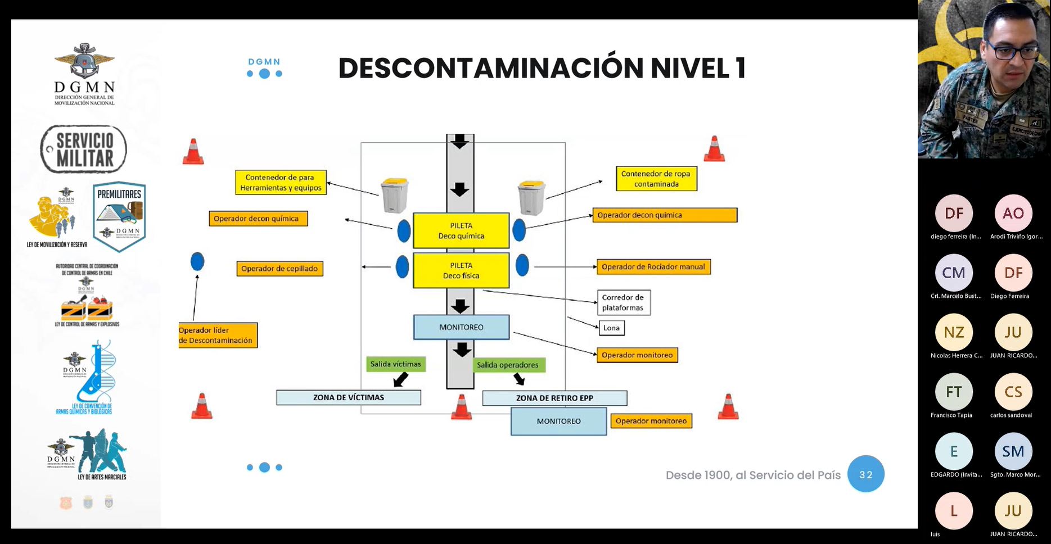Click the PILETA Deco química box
(461, 230)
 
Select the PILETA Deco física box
(461, 270)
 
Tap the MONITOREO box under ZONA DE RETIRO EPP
(558, 421)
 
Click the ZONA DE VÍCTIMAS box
(349, 397)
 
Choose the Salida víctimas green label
(395, 364)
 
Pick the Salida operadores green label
(508, 365)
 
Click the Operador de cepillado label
(279, 269)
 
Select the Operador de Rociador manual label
(653, 267)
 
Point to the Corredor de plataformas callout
(623, 302)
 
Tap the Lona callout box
(611, 328)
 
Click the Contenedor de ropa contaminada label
(656, 179)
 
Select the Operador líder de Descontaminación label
(218, 336)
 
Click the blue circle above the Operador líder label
(197, 261)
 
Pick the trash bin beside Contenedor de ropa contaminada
(531, 197)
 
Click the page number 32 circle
(865, 474)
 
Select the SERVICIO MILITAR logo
(84, 149)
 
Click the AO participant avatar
(1013, 213)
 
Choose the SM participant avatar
(1013, 451)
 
